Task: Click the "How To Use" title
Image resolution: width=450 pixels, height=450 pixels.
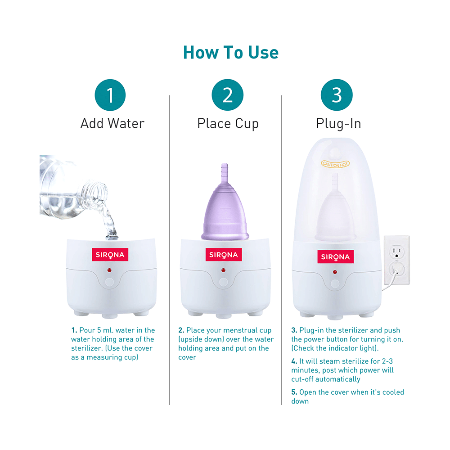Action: pos(231,53)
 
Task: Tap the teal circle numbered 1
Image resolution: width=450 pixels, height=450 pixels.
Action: pos(110,95)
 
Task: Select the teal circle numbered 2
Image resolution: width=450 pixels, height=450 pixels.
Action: pos(227,95)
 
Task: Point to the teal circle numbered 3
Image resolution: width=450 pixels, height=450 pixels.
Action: pos(337,95)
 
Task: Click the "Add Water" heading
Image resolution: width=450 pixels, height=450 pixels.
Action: pos(112,123)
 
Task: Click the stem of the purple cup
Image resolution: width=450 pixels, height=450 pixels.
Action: pos(225,172)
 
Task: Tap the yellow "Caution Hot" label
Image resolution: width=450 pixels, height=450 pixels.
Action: pos(335,164)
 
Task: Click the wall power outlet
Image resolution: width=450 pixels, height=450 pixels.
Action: pos(397,260)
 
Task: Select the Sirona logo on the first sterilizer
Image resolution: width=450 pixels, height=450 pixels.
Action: pos(110,255)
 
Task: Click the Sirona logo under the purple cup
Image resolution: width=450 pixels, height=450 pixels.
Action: pos(224,255)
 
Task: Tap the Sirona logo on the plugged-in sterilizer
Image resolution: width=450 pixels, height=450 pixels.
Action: pos(336,256)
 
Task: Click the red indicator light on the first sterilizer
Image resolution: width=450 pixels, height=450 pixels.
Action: pos(109,270)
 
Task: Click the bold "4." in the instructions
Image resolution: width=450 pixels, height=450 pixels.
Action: pos(294,361)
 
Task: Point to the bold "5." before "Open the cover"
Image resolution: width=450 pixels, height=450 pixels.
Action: pos(294,392)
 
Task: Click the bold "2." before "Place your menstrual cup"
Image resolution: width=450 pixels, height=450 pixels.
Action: pos(181,330)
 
